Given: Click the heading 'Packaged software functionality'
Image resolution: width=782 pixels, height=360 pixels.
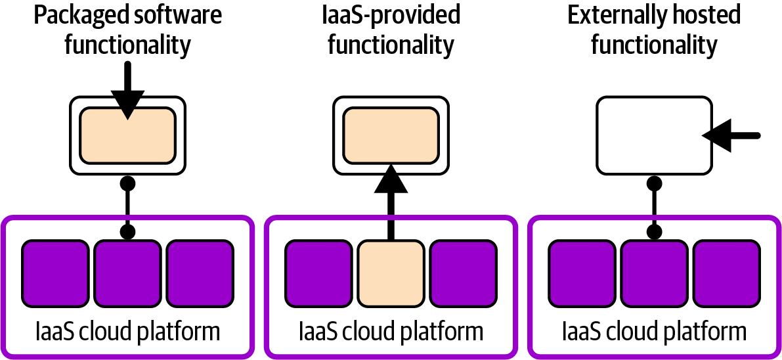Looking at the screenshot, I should (128, 30).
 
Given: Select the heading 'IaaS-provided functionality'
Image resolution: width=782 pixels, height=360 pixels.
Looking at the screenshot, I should (391, 30).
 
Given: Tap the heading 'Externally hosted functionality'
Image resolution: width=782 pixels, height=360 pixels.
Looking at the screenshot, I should (654, 30).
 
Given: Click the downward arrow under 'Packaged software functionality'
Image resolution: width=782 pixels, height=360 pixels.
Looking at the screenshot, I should (127, 92).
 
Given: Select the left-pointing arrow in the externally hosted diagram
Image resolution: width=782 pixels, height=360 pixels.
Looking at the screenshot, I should (729, 135).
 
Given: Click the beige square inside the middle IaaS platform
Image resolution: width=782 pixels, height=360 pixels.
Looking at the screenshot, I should (391, 273).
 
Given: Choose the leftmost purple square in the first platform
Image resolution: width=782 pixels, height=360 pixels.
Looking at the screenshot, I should (55, 273).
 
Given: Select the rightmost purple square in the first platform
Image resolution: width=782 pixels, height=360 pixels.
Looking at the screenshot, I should (200, 273).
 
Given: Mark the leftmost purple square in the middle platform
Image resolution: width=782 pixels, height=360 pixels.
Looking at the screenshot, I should (318, 273).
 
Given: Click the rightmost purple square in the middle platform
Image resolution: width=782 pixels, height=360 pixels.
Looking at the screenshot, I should (463, 273).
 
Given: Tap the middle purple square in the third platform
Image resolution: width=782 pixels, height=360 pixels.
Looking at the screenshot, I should (654, 273).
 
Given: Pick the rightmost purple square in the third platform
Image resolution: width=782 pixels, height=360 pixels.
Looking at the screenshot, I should (726, 273).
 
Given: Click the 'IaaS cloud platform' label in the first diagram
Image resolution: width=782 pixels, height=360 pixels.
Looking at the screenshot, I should (127, 331).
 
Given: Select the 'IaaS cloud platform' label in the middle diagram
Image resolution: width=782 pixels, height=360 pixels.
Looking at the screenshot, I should (391, 331).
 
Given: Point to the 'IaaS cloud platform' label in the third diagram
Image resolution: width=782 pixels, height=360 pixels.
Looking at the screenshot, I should (654, 331).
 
